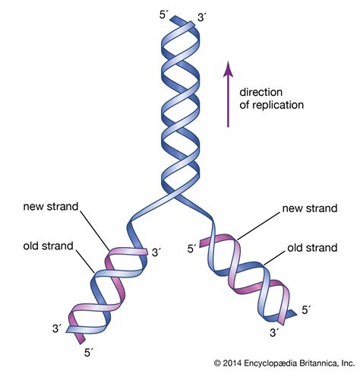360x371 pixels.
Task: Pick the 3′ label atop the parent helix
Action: (200, 17)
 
